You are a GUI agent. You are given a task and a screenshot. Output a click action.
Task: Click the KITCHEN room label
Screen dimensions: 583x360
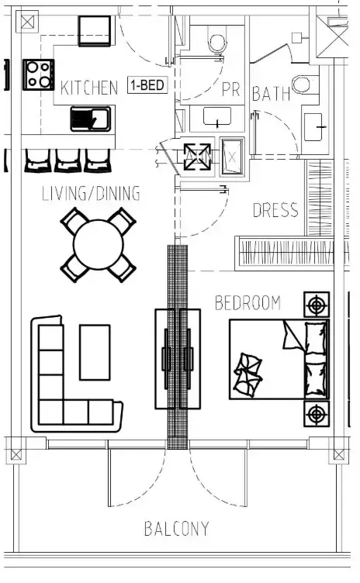[89, 88]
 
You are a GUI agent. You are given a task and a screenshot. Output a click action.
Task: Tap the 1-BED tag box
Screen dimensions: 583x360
[147, 85]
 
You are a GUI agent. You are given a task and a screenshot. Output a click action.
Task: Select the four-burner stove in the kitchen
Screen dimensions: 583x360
[37, 74]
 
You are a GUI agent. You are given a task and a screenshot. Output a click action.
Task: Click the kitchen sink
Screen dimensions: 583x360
[91, 119]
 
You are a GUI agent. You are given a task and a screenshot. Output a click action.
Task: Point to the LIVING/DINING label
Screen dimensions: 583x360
[91, 194]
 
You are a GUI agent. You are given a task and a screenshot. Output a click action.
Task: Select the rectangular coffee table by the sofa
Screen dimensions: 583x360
[96, 352]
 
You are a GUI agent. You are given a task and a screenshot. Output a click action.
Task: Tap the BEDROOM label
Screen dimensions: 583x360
[247, 302]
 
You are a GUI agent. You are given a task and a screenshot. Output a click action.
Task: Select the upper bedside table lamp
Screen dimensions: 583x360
[316, 305]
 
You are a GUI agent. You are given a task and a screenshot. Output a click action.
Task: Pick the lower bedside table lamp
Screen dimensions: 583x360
[316, 415]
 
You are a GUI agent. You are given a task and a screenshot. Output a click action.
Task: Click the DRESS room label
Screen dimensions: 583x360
[275, 210]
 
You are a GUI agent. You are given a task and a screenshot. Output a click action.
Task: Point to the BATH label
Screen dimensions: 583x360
[272, 94]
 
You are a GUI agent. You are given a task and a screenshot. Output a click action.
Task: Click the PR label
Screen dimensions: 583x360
[231, 90]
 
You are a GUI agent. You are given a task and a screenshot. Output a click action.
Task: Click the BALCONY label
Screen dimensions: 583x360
[176, 530]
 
